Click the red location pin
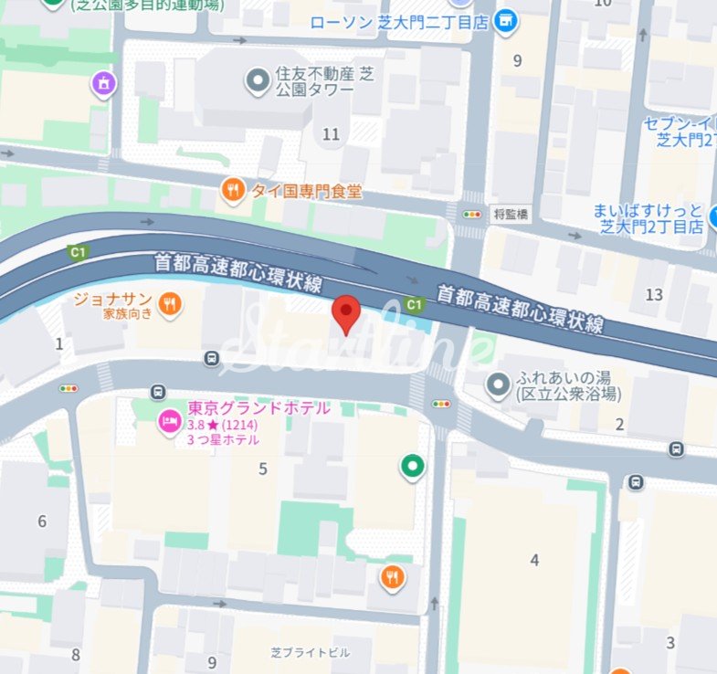345,313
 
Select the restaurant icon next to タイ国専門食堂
233,191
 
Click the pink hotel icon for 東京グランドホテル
169,421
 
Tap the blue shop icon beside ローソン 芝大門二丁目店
504,20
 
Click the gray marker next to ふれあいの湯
498,385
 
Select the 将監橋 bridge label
511,215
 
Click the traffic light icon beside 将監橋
472,215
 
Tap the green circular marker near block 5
413,468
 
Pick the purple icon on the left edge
105,84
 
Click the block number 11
331,134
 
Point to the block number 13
653,294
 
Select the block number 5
263,469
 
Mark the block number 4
534,560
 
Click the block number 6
42,521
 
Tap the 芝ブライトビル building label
310,653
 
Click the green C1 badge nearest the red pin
414,303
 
